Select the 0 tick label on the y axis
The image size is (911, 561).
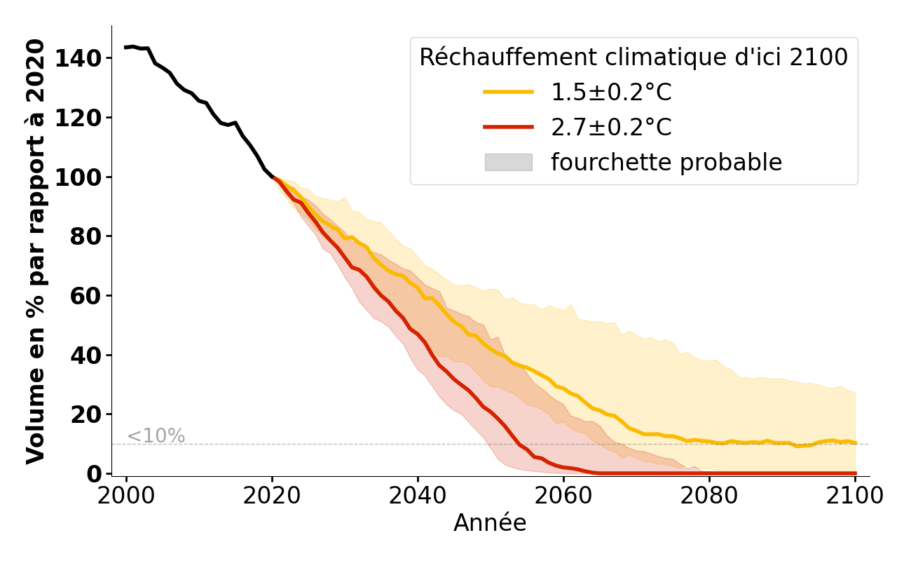tap(94, 474)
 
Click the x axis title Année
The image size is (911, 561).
tap(490, 523)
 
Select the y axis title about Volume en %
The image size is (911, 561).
tap(36, 251)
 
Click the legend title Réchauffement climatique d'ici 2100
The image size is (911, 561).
tap(633, 58)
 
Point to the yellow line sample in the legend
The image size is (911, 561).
tap(508, 93)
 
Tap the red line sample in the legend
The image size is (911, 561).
tap(508, 128)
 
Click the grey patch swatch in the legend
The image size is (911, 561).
tap(508, 163)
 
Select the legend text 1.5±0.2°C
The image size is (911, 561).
tap(611, 93)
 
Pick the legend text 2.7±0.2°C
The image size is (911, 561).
tap(611, 128)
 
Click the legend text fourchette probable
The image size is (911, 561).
tap(666, 163)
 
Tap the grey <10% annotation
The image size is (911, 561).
tap(156, 436)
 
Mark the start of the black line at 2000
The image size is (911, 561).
tap(126, 47)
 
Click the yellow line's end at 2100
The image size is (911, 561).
tap(855, 442)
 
